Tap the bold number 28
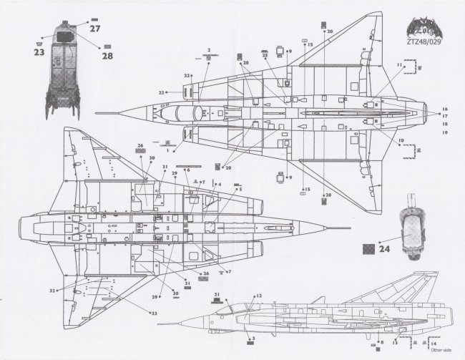tap(107, 55)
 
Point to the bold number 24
tap(385, 250)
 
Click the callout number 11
tap(400, 65)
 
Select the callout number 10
tap(401, 141)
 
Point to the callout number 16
tap(444, 109)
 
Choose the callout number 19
tap(444, 132)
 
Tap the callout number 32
tap(52, 291)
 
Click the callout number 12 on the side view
tap(259, 295)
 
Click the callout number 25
tap(265, 54)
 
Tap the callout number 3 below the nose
tap(253, 337)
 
